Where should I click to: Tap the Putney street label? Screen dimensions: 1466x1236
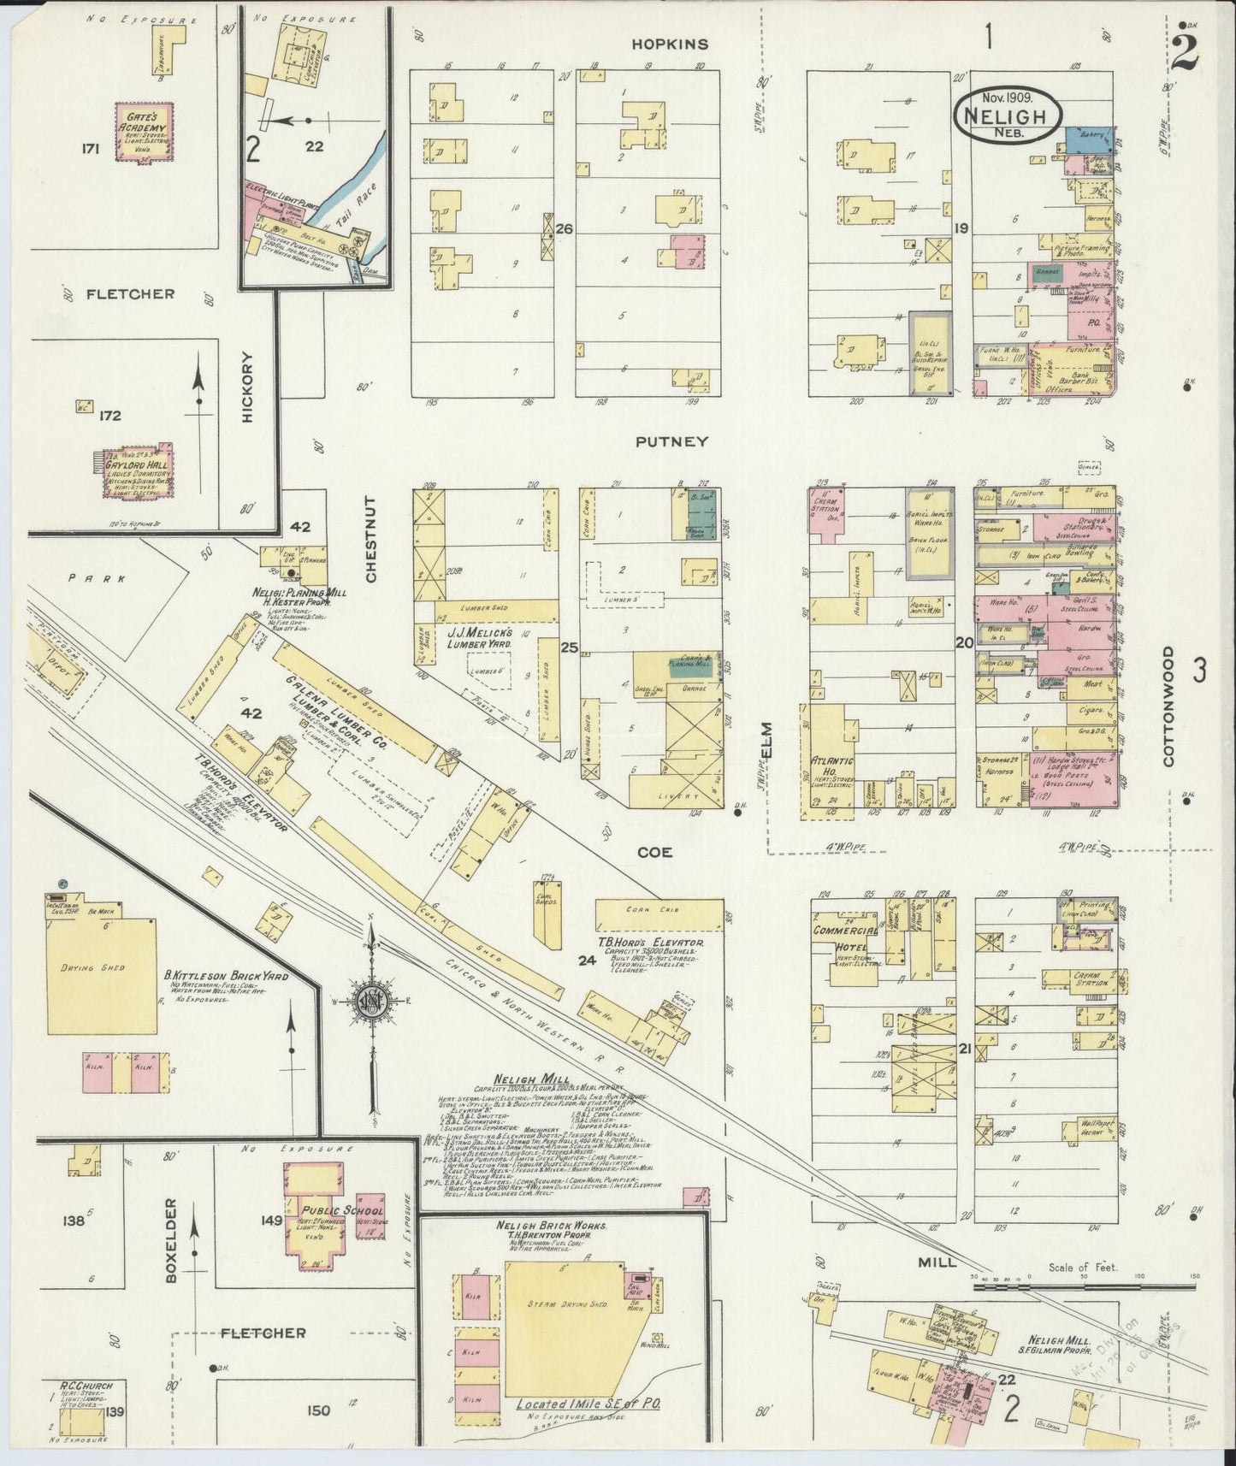(x=671, y=441)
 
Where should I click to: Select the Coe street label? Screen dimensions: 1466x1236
(x=653, y=852)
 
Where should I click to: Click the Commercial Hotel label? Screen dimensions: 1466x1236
(x=844, y=938)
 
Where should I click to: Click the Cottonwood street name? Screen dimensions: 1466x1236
(x=1168, y=706)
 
